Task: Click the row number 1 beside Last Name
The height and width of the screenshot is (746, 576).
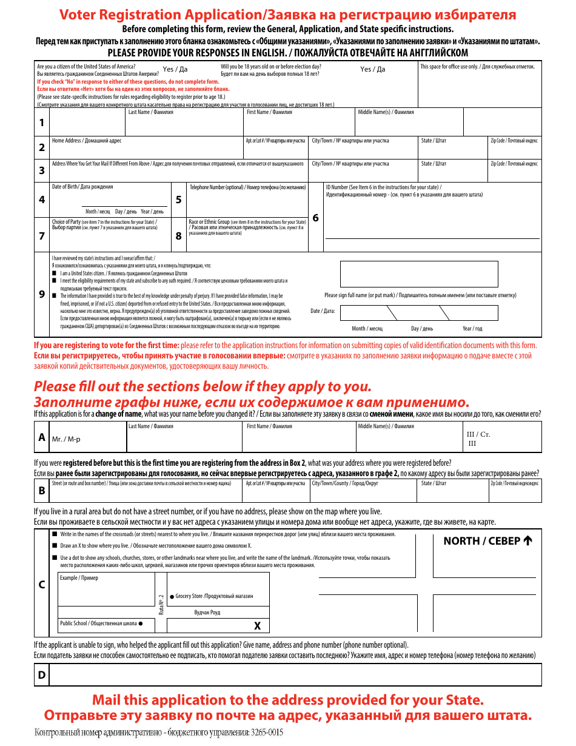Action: click(42, 123)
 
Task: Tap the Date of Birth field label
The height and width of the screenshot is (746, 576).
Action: click(82, 187)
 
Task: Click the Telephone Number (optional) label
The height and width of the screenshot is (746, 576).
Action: click(247, 187)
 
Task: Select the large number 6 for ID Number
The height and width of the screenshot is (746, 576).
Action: click(315, 218)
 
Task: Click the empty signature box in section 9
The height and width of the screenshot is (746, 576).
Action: click(418, 274)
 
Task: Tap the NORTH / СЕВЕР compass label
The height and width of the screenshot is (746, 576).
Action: click(487, 541)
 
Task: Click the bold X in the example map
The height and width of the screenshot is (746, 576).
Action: click(257, 626)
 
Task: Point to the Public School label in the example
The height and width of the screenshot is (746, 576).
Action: click(101, 623)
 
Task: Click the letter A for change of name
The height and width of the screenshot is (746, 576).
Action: click(42, 437)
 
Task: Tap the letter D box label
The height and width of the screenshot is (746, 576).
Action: click(42, 675)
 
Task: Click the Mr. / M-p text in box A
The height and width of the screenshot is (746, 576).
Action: click(66, 439)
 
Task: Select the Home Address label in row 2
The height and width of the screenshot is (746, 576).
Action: click(86, 141)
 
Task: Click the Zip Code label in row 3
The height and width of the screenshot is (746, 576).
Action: click(514, 164)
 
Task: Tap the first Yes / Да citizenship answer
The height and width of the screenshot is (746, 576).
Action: click(175, 69)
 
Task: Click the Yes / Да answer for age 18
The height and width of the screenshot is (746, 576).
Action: click(372, 69)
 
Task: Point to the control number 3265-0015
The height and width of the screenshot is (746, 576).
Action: click(267, 733)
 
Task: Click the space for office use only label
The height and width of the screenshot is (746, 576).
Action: click(477, 67)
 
